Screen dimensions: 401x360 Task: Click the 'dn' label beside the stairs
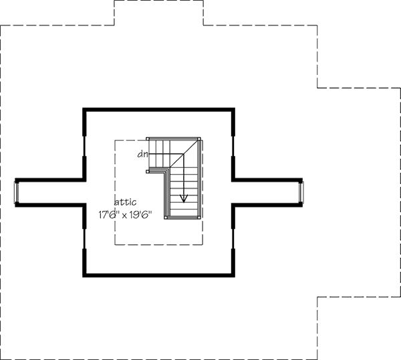pyautogui.click(x=142, y=155)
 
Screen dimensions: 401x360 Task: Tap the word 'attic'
pyautogui.click(x=125, y=202)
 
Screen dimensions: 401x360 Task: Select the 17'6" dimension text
pyautogui.click(x=112, y=215)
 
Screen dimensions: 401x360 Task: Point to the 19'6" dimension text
pyautogui.click(x=143, y=215)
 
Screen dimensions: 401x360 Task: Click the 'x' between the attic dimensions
pyautogui.click(x=128, y=216)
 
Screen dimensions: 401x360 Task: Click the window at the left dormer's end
pyautogui.click(x=18, y=192)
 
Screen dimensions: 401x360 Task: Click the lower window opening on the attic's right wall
pyautogui.click(x=233, y=238)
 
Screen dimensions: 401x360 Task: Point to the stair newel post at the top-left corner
pyautogui.click(x=148, y=139)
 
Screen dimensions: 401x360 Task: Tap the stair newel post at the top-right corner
pyautogui.click(x=200, y=139)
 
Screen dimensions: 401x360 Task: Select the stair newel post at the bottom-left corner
pyautogui.click(x=166, y=218)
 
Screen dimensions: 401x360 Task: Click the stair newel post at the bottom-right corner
pyautogui.click(x=200, y=218)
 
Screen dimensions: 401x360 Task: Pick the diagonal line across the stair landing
pyautogui.click(x=184, y=155)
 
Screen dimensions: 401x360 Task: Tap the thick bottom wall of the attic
pyautogui.click(x=158, y=274)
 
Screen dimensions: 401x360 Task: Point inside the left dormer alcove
pyautogui.click(x=50, y=192)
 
